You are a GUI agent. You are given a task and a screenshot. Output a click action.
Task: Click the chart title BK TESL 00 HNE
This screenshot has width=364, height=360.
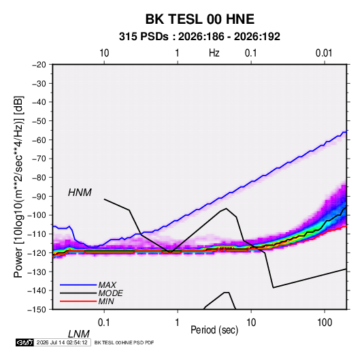click(x=199, y=19)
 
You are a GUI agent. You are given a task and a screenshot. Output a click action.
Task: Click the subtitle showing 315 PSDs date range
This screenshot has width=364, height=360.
click(x=199, y=37)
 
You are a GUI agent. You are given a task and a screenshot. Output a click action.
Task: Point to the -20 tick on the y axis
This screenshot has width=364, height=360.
click(x=39, y=65)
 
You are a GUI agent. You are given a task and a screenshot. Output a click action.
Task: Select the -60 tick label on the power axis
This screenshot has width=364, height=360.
click(x=39, y=140)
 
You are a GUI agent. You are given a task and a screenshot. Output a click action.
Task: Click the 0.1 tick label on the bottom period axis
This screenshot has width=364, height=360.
click(x=104, y=322)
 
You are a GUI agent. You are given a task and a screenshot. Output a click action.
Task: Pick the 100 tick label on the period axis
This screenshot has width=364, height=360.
click(x=325, y=322)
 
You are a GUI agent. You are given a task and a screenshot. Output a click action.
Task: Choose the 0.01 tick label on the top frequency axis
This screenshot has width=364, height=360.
click(x=324, y=53)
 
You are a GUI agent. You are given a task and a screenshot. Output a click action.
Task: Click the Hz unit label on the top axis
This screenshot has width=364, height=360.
click(x=214, y=53)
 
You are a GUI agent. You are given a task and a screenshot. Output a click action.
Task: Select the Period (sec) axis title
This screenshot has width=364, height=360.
click(x=214, y=330)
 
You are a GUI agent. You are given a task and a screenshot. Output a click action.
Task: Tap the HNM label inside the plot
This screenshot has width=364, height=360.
click(x=80, y=193)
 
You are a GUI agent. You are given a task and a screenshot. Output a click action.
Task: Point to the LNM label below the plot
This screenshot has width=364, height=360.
click(x=78, y=334)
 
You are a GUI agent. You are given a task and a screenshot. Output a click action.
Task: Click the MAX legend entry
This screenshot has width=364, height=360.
click(x=107, y=284)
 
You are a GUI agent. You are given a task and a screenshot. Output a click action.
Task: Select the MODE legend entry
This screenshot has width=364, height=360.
click(x=110, y=293)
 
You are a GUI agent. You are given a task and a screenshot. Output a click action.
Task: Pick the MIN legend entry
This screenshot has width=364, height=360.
click(x=106, y=301)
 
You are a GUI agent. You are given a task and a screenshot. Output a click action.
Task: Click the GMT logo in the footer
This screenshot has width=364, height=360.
click(x=24, y=342)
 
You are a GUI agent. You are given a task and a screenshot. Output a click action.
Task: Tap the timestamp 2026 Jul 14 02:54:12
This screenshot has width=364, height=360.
click(x=62, y=342)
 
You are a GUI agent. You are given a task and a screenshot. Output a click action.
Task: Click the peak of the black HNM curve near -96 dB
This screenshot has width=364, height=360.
click(x=226, y=208)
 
